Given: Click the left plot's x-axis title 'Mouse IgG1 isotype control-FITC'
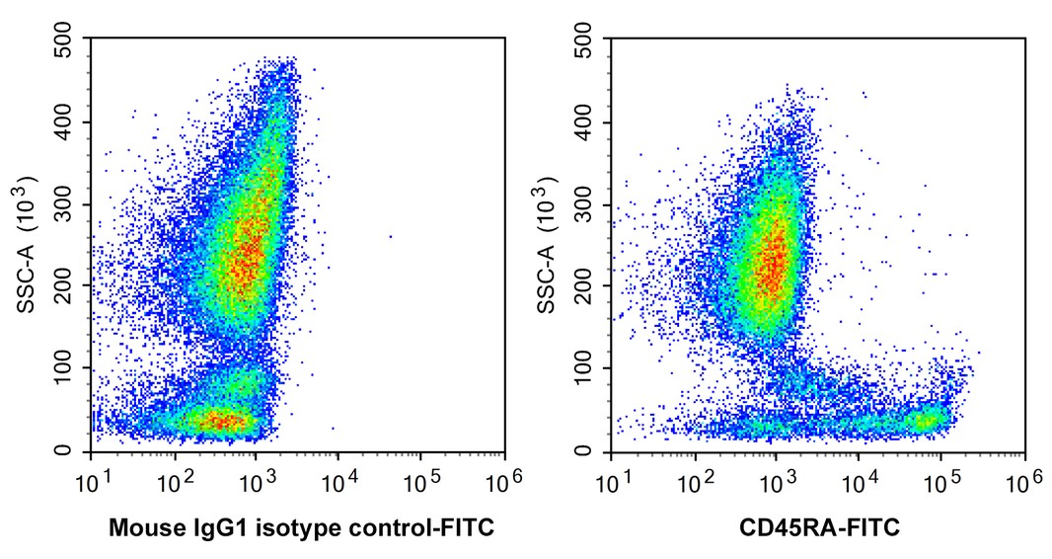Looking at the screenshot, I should coord(300,529).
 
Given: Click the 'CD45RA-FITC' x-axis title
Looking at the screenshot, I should coord(819,529).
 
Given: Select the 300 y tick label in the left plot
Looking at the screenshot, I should coord(64,205).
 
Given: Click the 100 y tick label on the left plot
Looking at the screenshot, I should coord(64,369).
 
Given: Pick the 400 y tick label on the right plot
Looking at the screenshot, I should coord(585,123).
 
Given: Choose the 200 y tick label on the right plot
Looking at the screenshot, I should coord(585,287).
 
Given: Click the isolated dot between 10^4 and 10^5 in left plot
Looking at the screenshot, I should coord(391,236).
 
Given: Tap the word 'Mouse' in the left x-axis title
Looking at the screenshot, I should coord(141,529).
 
